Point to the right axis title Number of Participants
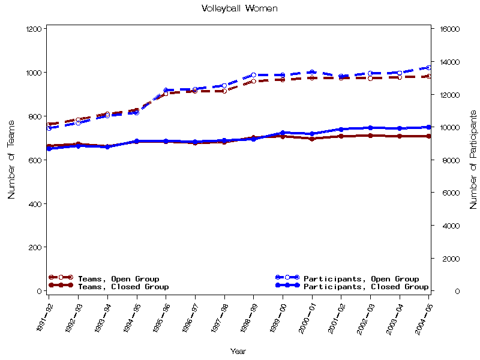tap(473, 159)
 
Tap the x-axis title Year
tap(238, 351)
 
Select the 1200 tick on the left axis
tap(34, 29)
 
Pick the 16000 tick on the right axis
tap(449, 29)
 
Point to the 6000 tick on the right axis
tap(448, 193)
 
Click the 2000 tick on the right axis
tap(448, 259)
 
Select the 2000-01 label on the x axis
tap(306, 317)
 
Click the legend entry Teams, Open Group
tap(118, 279)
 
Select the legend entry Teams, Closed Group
tap(123, 287)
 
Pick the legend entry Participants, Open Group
tap(361, 279)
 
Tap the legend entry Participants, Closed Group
tap(366, 287)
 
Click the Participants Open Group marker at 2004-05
tap(428, 68)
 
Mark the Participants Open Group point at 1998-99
tap(253, 75)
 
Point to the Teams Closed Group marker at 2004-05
tap(428, 136)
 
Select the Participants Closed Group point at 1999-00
tap(283, 133)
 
